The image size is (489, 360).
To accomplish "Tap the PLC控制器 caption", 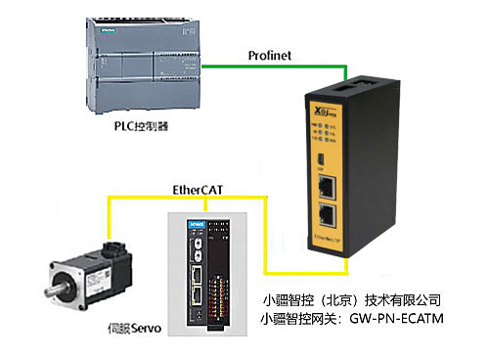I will coord(143,127).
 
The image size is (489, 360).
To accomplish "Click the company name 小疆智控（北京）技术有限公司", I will coord(353,299).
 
